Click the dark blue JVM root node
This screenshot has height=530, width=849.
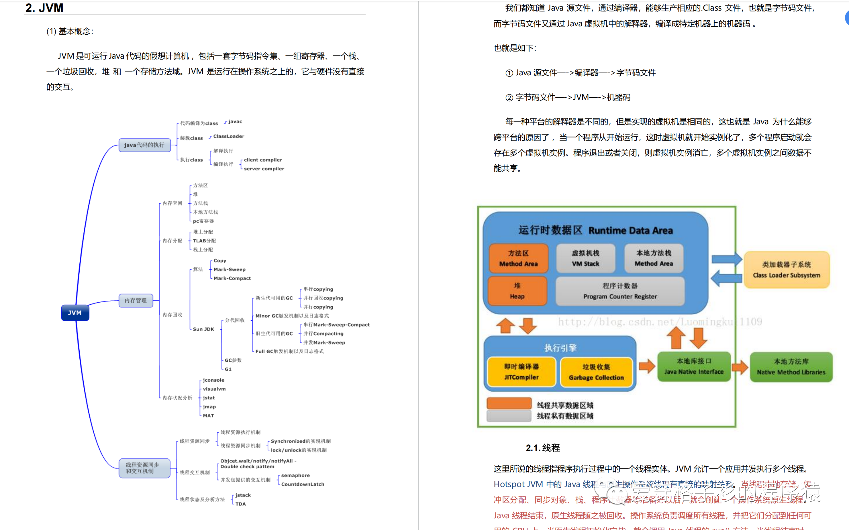(75, 313)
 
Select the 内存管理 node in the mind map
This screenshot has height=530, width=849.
(136, 300)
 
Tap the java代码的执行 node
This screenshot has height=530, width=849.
(144, 145)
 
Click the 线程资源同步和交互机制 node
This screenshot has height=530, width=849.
(144, 468)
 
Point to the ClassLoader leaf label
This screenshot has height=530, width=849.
(229, 136)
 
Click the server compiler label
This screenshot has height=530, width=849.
(264, 169)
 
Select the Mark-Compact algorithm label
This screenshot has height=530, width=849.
(232, 278)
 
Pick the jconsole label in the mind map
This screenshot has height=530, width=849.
(213, 380)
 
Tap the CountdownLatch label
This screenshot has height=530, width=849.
(302, 484)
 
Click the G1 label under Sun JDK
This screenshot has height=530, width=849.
(228, 369)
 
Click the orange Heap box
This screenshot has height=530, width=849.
(517, 291)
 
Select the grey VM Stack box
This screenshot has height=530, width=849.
(585, 258)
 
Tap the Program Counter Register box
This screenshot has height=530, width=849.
(620, 291)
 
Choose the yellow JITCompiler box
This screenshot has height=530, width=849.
(521, 372)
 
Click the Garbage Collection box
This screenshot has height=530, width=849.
(596, 372)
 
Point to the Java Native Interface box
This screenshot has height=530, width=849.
(694, 366)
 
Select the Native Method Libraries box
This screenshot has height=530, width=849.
(791, 367)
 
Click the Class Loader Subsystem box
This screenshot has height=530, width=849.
(786, 269)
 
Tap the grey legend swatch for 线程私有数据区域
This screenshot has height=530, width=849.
(509, 416)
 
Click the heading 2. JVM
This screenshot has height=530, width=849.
(44, 8)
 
